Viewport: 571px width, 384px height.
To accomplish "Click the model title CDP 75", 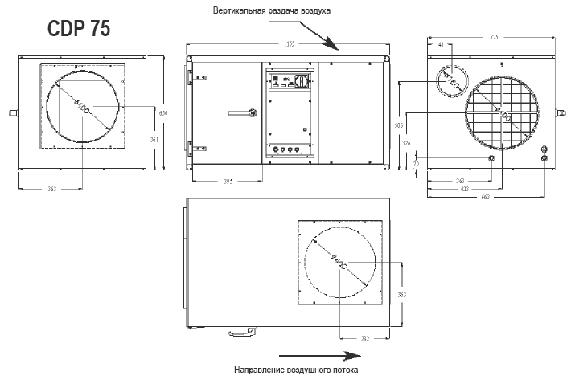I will tap(78, 29).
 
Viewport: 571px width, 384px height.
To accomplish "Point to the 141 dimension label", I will tap(439, 45).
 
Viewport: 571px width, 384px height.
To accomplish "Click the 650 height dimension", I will tap(162, 113).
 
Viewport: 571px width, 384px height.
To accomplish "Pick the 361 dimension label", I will tap(155, 140).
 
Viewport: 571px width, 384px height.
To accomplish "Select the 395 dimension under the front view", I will tap(228, 182).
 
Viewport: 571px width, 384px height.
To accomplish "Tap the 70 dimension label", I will tap(416, 164).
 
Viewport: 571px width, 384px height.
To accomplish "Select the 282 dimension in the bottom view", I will tap(364, 339).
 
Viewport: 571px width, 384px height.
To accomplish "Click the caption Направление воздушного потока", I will tap(295, 370).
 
